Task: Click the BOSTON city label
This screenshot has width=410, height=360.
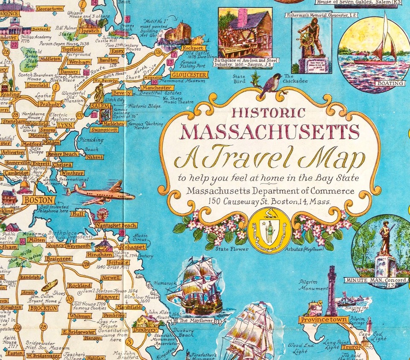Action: pyautogui.click(x=39, y=199)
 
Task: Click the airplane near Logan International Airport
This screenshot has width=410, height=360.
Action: pyautogui.click(x=101, y=193)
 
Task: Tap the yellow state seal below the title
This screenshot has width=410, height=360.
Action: pyautogui.click(x=269, y=231)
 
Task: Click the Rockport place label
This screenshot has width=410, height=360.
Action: pyautogui.click(x=193, y=48)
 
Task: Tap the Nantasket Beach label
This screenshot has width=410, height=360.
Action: pyautogui.click(x=115, y=225)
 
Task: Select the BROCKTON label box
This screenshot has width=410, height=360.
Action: pyautogui.click(x=43, y=308)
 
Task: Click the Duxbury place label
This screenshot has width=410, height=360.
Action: pyautogui.click(x=151, y=330)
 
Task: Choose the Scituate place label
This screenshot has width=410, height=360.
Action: pyautogui.click(x=118, y=262)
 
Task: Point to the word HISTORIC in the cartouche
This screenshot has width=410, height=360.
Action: pyautogui.click(x=268, y=113)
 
